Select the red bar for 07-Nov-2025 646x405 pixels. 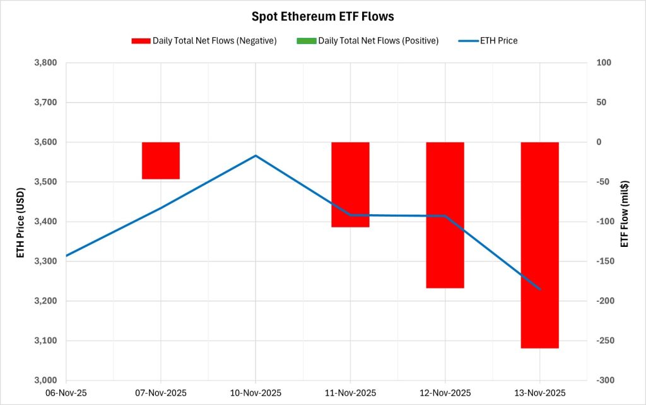tap(161, 161)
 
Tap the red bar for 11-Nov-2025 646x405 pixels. tap(350, 185)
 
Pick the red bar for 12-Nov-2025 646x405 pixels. tap(445, 215)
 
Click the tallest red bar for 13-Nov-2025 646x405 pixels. tap(539, 245)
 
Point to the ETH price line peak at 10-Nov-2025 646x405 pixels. tap(255, 156)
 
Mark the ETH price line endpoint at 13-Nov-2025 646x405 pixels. tap(540, 289)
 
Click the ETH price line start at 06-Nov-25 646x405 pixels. tap(66, 256)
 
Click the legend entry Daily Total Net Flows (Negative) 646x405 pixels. tap(214, 41)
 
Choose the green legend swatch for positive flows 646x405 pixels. tap(305, 41)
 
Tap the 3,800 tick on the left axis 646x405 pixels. tap(44, 63)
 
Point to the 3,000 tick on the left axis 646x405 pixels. tap(44, 380)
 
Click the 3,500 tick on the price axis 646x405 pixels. tap(44, 182)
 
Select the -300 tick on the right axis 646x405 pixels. tap(599, 380)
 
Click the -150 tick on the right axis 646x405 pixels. tap(599, 261)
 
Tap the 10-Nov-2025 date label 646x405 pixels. tap(255, 392)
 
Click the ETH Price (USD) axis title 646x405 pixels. tap(21, 222)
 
